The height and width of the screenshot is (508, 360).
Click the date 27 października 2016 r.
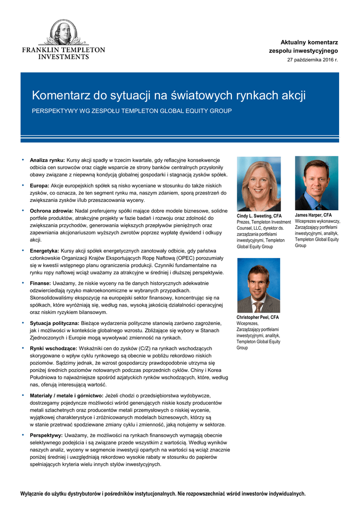coord(312,60)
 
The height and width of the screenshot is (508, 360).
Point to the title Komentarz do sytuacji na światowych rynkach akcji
coord(169,95)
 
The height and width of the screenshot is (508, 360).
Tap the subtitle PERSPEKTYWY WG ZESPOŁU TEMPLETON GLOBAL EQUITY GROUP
coord(132,111)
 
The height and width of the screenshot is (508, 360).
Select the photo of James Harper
coord(316,183)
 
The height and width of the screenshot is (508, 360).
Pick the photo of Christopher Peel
coord(258,285)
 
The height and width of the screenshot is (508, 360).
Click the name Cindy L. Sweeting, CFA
coord(259,216)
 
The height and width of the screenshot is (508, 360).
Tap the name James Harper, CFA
coord(313,215)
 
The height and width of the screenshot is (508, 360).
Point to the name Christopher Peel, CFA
coord(258,317)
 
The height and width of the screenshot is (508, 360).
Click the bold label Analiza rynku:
coord(47,160)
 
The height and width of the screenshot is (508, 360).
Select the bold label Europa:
coord(40,186)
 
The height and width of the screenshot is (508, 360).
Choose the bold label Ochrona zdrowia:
coord(51,211)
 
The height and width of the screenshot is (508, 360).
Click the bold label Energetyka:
coord(44,251)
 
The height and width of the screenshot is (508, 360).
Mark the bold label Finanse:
coord(41,283)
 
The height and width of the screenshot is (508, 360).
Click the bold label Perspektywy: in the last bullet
coord(46,435)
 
